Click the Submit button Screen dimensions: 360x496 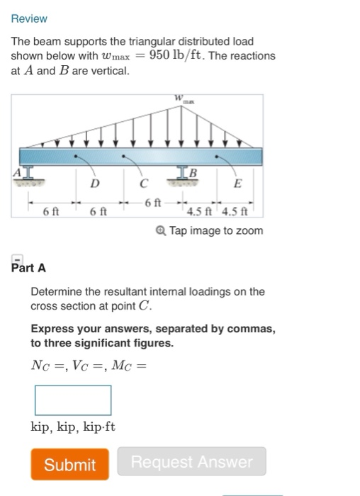pos(69,464)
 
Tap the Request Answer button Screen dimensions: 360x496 pos(191,462)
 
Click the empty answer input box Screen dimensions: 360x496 pos(73,400)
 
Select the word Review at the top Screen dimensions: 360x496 pos(29,18)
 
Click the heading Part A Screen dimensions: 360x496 pos(29,268)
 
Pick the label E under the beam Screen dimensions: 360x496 pos(237,184)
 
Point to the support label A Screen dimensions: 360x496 pos(14,172)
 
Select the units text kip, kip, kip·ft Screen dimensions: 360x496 pos(73,427)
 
